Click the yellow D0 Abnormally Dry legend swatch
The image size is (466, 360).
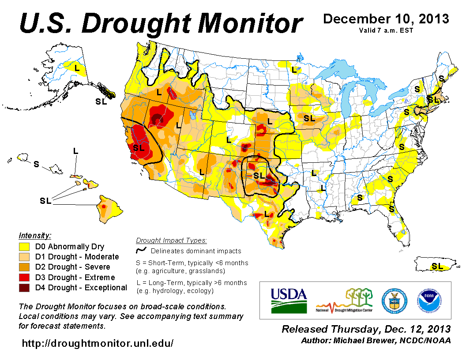point(24,247)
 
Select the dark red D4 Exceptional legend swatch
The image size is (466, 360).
point(24,288)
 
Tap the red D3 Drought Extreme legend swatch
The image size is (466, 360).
point(24,277)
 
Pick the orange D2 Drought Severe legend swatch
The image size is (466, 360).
point(24,267)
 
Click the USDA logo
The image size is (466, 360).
point(289,300)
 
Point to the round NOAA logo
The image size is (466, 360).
point(428,300)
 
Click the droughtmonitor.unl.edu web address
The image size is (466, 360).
point(98,343)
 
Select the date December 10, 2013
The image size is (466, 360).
point(386,19)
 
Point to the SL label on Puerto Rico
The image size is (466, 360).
point(437,266)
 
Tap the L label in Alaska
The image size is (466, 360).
point(77,68)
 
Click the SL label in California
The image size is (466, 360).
point(139,148)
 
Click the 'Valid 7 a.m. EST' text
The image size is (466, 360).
point(387,30)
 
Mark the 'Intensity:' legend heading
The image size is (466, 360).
point(35,235)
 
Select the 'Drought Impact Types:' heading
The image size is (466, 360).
point(171,240)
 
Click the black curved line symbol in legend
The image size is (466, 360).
point(141,251)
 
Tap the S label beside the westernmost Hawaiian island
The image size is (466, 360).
point(36,164)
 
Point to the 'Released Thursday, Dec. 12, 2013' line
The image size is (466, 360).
point(366,329)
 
